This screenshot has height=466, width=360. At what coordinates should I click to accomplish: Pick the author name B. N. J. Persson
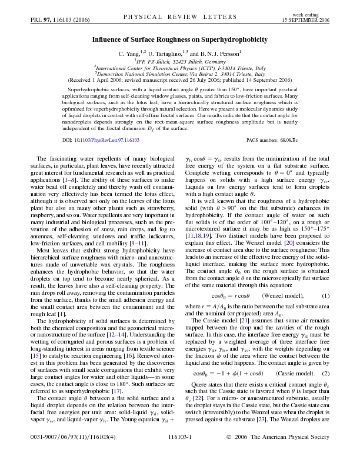(222, 53)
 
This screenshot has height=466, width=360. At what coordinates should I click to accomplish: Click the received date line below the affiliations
(180, 79)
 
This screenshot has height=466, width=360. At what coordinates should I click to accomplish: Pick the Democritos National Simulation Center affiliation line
(180, 73)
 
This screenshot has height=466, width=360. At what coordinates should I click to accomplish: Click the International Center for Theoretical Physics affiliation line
(180, 67)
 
